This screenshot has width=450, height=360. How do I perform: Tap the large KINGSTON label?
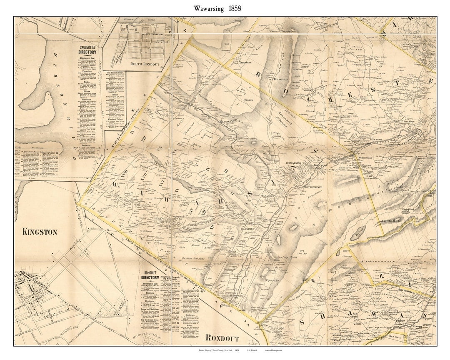tap(40, 232)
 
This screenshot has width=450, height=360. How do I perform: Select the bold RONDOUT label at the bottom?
tap(222, 338)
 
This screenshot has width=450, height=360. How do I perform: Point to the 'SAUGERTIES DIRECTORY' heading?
tap(87, 50)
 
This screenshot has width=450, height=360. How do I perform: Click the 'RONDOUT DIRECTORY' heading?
tap(150, 275)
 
